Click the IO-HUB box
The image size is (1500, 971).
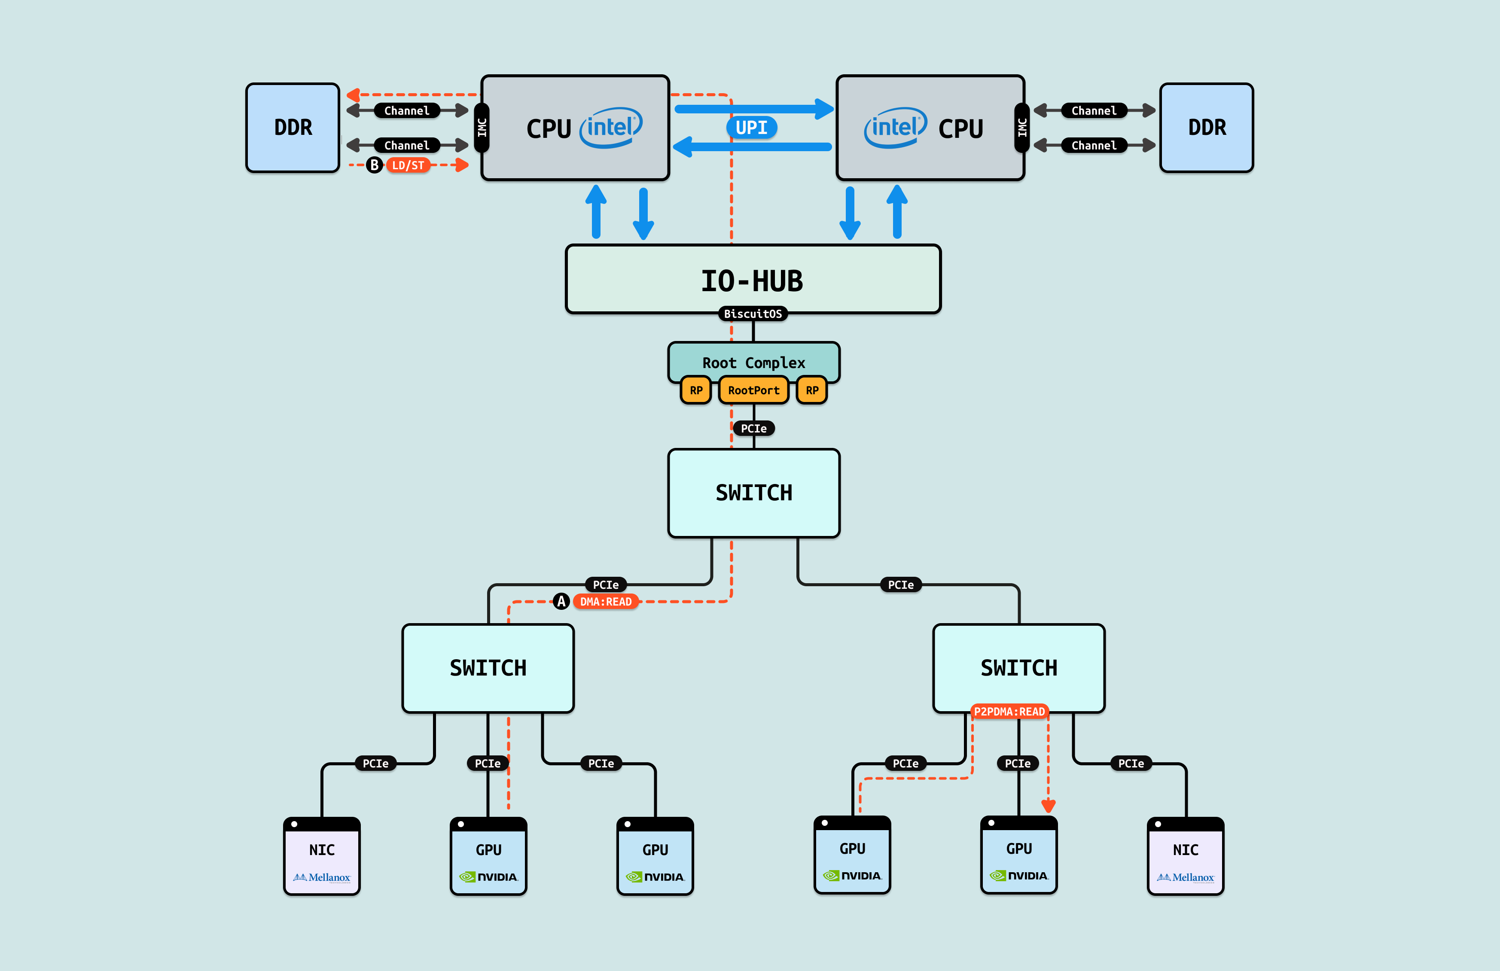(753, 280)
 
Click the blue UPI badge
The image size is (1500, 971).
(751, 127)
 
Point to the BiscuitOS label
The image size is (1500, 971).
(753, 313)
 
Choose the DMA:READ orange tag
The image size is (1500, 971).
(605, 601)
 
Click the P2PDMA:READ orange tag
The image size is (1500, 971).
(1009, 712)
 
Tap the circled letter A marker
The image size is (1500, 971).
(561, 601)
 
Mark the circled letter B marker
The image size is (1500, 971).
(375, 165)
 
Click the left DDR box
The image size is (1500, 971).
(293, 127)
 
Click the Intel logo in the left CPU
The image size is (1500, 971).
(611, 127)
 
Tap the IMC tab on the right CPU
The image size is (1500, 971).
(1021, 127)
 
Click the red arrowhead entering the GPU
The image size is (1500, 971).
(1048, 805)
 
